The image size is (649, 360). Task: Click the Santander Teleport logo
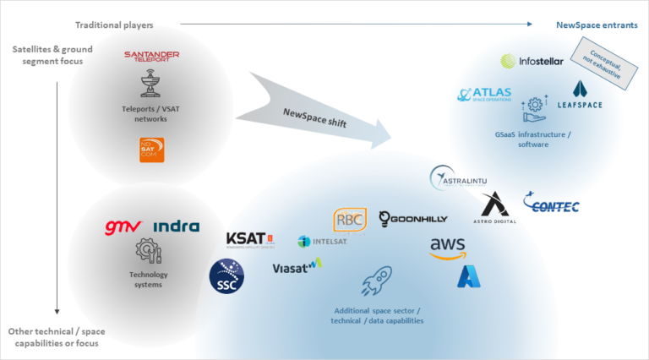[x=152, y=56]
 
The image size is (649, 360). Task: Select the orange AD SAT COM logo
[x=152, y=150]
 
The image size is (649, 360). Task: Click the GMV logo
[x=123, y=226]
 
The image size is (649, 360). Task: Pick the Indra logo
[x=177, y=226]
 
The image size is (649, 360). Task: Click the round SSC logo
[x=226, y=276]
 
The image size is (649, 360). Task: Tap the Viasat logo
[x=297, y=267]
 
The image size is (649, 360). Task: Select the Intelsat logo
[x=322, y=242]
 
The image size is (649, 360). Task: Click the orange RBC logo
[x=350, y=220]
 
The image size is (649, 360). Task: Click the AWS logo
[x=447, y=248]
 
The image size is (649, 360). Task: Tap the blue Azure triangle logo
[x=469, y=277]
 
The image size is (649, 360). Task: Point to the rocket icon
[x=376, y=281]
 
